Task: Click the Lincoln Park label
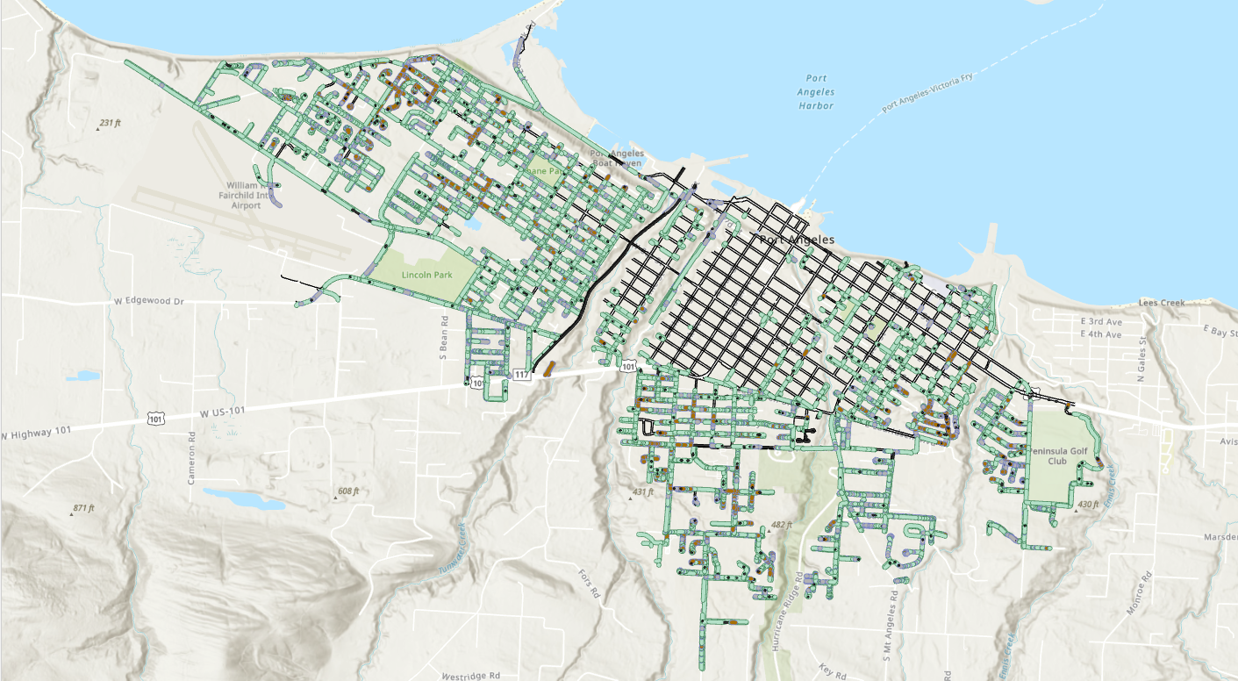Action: tap(426, 275)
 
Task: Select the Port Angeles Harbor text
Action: tap(816, 92)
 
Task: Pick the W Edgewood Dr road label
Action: tap(149, 301)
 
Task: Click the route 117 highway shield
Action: tap(522, 375)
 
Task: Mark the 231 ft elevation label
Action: tap(109, 123)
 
